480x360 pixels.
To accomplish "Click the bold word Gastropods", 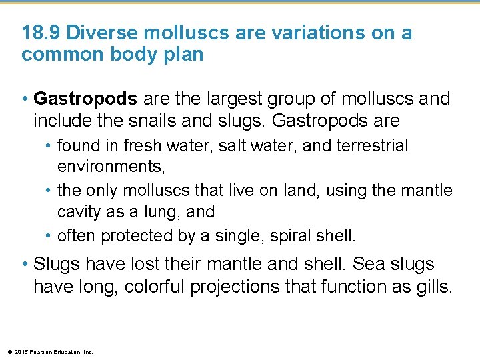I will point(85,99).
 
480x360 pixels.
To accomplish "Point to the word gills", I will point(433,287).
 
